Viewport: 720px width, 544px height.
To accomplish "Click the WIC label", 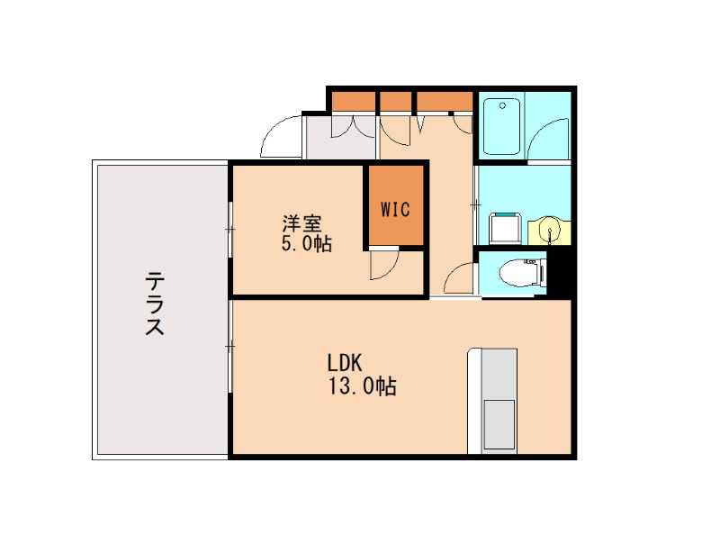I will [x=395, y=209].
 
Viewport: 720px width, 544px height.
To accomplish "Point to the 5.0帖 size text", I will [x=306, y=243].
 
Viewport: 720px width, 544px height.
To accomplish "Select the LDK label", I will [x=344, y=364].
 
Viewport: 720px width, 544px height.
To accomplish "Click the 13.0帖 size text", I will [x=364, y=387].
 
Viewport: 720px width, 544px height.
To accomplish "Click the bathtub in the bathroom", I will [x=501, y=127].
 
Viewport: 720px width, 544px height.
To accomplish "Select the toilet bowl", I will [x=522, y=272].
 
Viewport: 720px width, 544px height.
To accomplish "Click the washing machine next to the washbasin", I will [x=505, y=228].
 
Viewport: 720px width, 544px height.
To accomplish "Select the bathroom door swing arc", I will [x=547, y=140].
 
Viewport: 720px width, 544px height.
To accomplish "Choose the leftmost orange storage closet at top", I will [x=354, y=100].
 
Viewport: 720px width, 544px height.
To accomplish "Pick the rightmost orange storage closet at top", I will [x=445, y=100].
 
